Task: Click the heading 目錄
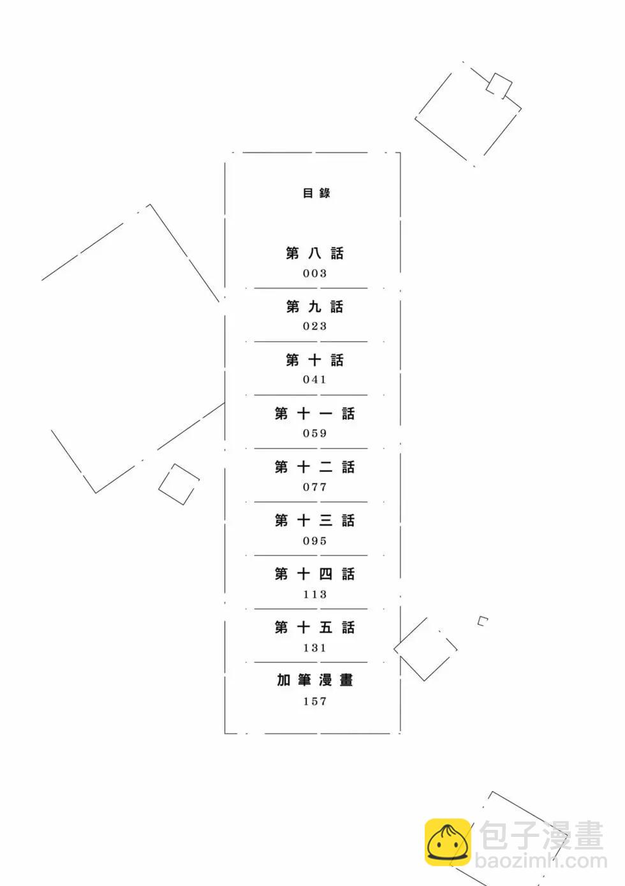point(316,193)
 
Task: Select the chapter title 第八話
point(315,253)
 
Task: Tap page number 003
point(315,273)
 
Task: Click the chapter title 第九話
point(315,307)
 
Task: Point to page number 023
point(315,327)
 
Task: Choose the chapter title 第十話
point(315,360)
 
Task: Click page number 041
point(315,380)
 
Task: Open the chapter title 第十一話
point(315,414)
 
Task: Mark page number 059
point(315,434)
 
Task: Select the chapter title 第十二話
point(315,467)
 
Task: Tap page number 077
point(315,487)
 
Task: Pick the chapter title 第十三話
point(315,521)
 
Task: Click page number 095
point(315,541)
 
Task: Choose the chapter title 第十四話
point(315,574)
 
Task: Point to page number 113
point(315,594)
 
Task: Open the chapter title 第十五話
point(315,627)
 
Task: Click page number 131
point(315,648)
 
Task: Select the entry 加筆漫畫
point(315,681)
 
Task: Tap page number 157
point(315,701)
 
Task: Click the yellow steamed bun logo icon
point(448,842)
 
